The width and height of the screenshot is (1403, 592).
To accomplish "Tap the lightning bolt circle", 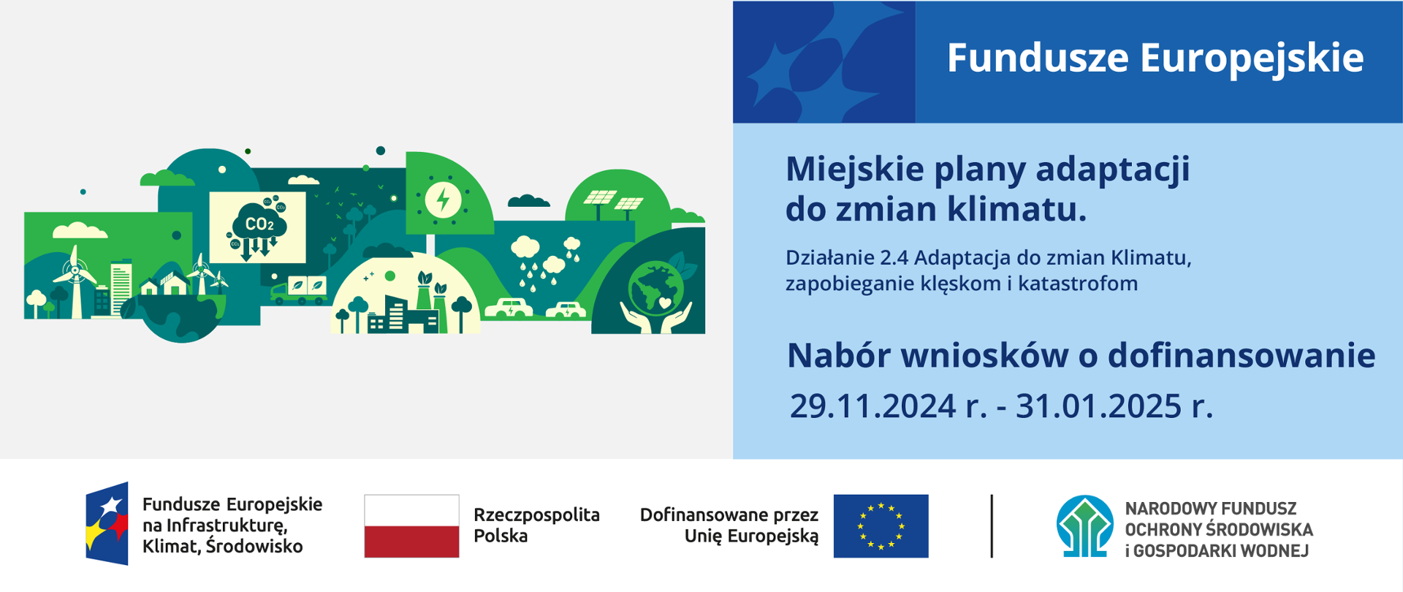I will point(443,199).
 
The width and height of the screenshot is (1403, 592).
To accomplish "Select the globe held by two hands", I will point(655,289).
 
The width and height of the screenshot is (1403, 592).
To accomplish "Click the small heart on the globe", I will point(664,301).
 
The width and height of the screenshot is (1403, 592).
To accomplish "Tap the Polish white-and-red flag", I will point(411,526).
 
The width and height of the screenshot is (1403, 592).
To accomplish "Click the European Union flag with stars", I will point(881,526).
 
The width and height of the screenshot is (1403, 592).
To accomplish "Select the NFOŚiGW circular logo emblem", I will point(1084,526).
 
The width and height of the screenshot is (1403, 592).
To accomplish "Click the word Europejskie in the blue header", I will point(1251,58).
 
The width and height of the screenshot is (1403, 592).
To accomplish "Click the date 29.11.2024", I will point(872,406).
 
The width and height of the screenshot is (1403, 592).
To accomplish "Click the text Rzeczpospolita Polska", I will point(536,525).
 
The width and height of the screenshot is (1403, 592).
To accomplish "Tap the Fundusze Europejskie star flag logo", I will point(107,523).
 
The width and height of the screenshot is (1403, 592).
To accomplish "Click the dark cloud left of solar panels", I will point(528,201).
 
